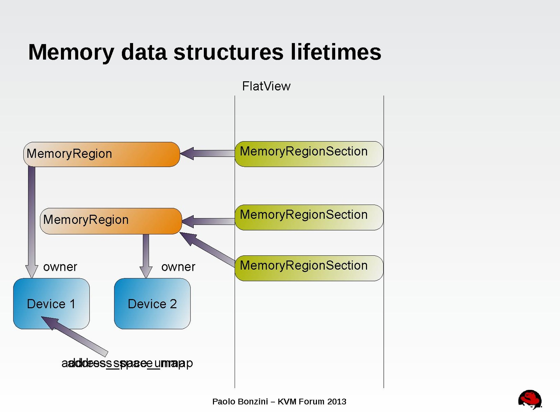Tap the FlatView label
click(x=266, y=86)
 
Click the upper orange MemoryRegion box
click(x=102, y=154)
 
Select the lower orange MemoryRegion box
click(x=111, y=221)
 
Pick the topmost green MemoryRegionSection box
click(x=309, y=154)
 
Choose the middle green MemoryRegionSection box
click(x=309, y=217)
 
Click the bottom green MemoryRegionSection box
click(x=309, y=268)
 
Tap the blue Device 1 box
click(x=51, y=304)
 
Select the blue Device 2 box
click(x=152, y=304)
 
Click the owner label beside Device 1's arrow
click(x=60, y=267)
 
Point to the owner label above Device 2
click(x=178, y=267)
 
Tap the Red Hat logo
click(x=530, y=399)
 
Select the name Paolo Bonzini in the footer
click(x=240, y=401)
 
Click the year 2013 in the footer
click(x=337, y=401)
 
